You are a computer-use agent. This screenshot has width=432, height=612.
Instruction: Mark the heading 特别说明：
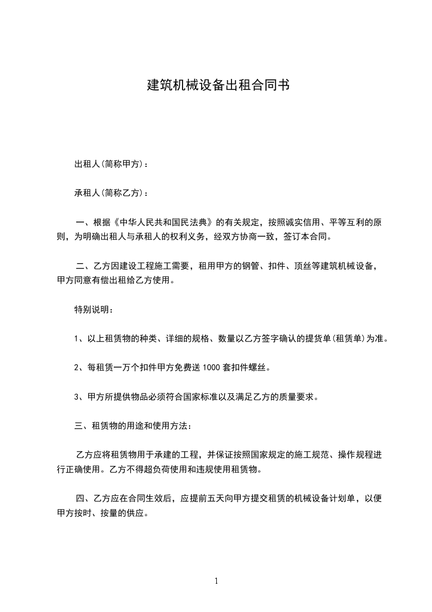coord(94,310)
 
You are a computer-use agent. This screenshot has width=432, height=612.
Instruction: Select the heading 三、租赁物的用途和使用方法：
coord(133,425)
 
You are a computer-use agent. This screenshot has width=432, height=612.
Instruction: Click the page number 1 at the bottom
coord(216,581)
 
